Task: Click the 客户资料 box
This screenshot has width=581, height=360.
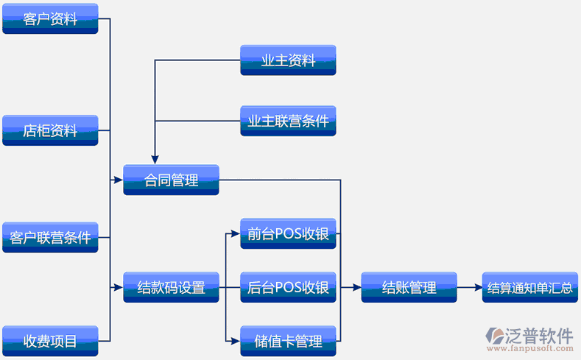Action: pyautogui.click(x=50, y=18)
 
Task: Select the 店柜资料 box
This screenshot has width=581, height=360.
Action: pyautogui.click(x=50, y=130)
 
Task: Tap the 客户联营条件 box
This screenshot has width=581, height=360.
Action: pyautogui.click(x=50, y=237)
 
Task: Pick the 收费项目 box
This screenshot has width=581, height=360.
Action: pyautogui.click(x=50, y=340)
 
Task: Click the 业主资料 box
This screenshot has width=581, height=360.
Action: pyautogui.click(x=288, y=60)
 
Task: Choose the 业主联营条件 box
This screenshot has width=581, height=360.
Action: pyautogui.click(x=288, y=121)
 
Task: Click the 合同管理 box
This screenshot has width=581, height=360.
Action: pyautogui.click(x=171, y=180)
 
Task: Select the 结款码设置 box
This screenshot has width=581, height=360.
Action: pyautogui.click(x=171, y=287)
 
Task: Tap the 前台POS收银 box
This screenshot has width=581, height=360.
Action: pyautogui.click(x=288, y=233)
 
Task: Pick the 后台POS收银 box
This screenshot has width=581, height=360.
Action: pyautogui.click(x=288, y=287)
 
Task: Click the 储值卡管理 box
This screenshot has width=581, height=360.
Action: pyautogui.click(x=288, y=341)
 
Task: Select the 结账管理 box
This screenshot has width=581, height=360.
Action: pyautogui.click(x=409, y=287)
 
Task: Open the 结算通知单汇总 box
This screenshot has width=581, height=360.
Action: pyautogui.click(x=529, y=287)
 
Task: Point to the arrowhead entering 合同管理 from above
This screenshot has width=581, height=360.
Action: pyautogui.click(x=155, y=158)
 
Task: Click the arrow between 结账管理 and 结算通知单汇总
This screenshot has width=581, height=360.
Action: pyautogui.click(x=469, y=287)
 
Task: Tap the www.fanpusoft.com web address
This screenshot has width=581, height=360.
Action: pyautogui.click(x=534, y=350)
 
